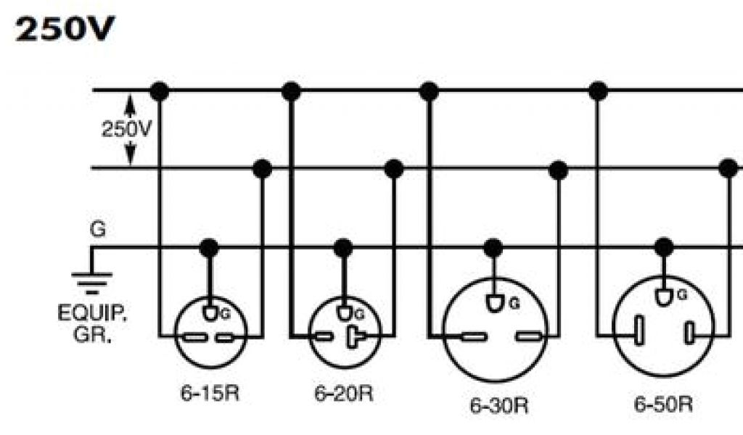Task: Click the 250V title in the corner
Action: (x=65, y=31)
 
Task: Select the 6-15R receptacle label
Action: (x=210, y=394)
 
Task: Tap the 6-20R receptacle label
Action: (x=344, y=394)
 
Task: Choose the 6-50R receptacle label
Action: (x=663, y=404)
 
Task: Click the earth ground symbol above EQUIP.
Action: (x=91, y=278)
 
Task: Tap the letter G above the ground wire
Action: (x=97, y=229)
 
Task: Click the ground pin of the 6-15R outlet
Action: (x=210, y=313)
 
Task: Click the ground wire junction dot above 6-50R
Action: (x=662, y=248)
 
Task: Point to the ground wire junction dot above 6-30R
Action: (x=493, y=248)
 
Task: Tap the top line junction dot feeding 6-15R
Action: (x=159, y=91)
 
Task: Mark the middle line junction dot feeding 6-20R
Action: (x=394, y=169)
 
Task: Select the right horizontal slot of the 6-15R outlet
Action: (x=226, y=336)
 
